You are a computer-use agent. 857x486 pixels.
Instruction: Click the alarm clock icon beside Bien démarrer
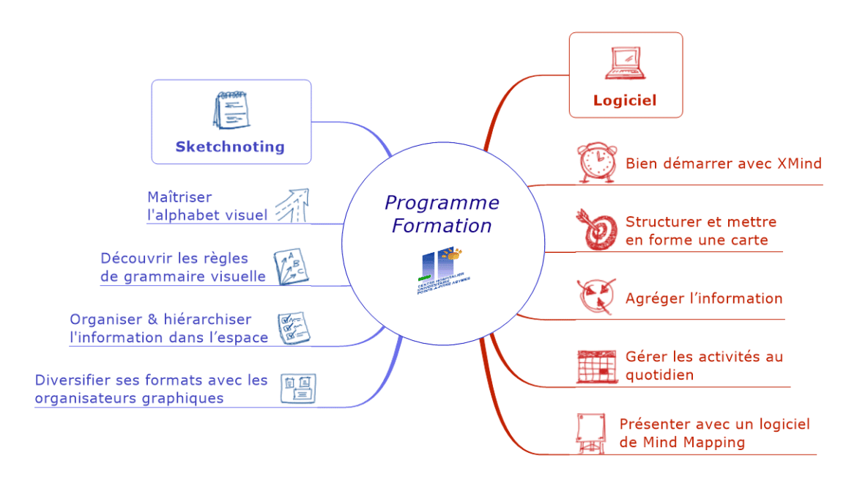click(x=596, y=163)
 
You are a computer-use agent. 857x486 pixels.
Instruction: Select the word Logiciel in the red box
click(x=625, y=101)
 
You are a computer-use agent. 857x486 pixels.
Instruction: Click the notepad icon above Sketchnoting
click(x=229, y=110)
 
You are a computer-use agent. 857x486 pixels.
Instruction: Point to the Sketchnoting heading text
click(x=230, y=147)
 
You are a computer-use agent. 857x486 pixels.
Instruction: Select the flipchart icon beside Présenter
click(x=590, y=433)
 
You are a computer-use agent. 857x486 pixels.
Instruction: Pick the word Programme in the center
click(x=442, y=202)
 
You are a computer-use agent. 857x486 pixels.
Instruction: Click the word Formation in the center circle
click(x=442, y=226)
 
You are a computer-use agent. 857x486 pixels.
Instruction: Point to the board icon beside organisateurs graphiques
click(x=299, y=389)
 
